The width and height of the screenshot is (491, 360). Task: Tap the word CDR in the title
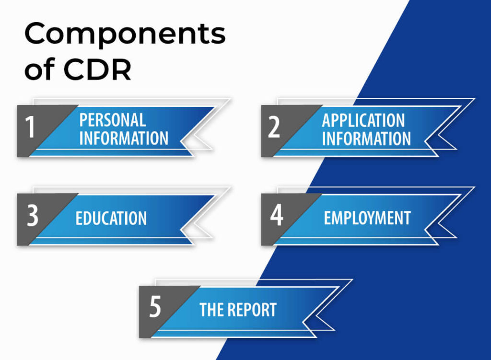[x=97, y=70]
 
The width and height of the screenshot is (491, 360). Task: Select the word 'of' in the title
[x=40, y=70]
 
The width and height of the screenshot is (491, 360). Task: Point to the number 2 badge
[x=274, y=128]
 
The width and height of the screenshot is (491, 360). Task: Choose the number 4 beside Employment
[x=276, y=216]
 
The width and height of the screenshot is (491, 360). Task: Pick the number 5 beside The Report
[x=155, y=308]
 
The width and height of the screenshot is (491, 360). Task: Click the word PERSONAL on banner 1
[x=113, y=119]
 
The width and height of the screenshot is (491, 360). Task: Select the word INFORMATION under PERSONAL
[x=124, y=139]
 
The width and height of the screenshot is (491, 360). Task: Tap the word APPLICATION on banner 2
[x=363, y=120]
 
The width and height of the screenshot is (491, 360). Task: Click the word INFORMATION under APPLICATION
[x=366, y=139]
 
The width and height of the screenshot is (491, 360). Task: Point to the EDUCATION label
[x=111, y=218]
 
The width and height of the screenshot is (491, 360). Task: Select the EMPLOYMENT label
[x=367, y=218]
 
